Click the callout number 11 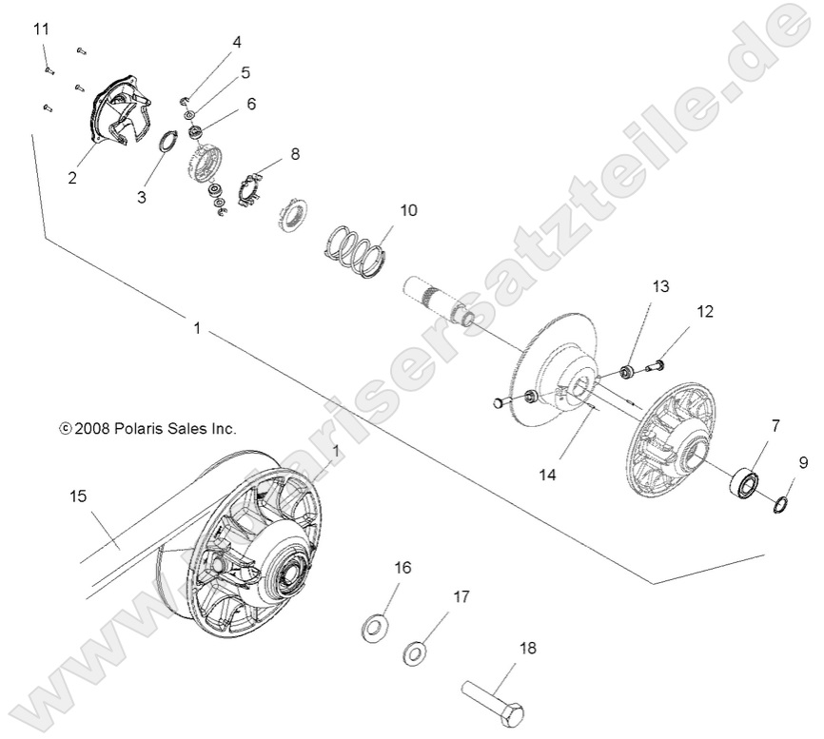41,30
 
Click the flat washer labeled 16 376,627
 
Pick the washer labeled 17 415,654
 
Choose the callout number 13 660,286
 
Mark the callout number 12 704,311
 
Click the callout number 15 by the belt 78,496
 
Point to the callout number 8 294,152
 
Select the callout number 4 237,42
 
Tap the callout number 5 245,72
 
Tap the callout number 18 526,648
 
